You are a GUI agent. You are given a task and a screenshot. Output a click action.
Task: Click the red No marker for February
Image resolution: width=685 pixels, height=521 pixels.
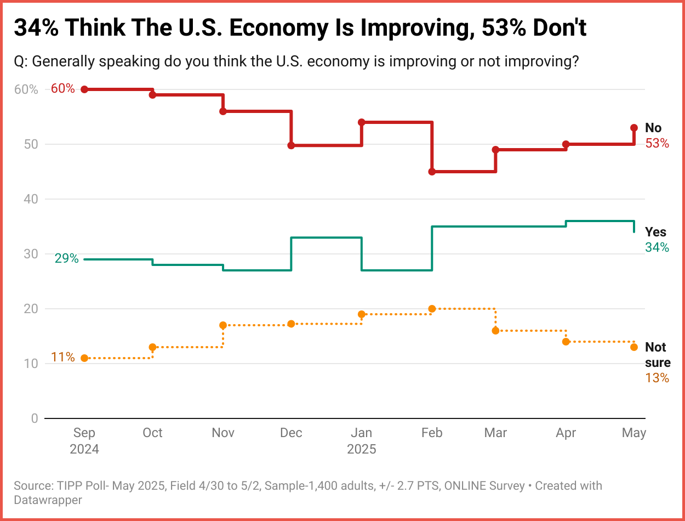click(x=432, y=172)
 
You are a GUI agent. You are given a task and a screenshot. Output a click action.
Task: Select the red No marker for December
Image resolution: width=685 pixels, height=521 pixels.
click(x=291, y=145)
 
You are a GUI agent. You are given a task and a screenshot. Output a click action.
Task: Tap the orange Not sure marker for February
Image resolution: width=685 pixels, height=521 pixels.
click(x=432, y=309)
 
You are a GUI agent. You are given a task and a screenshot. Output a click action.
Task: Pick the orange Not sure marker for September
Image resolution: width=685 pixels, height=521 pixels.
click(x=84, y=358)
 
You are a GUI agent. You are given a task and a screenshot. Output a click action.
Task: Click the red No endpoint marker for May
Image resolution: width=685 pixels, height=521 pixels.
click(x=634, y=128)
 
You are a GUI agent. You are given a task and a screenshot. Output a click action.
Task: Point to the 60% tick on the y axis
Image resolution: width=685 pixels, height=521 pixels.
click(x=26, y=89)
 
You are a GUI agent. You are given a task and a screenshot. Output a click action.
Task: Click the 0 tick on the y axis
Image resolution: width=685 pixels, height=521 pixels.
click(x=34, y=418)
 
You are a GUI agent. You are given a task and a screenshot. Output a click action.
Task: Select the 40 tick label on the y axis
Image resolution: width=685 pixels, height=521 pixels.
click(x=30, y=199)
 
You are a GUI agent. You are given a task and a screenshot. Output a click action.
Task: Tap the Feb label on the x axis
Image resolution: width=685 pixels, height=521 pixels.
click(x=432, y=433)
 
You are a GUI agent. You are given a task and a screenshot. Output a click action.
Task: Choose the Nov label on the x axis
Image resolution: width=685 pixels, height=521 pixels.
click(x=223, y=433)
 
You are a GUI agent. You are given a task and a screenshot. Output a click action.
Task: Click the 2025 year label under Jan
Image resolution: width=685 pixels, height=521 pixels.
click(x=362, y=449)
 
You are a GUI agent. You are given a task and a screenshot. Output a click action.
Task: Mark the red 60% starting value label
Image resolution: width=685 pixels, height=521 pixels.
click(x=62, y=88)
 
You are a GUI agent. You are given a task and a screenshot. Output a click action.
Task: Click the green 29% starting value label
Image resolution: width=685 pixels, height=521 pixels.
click(x=66, y=258)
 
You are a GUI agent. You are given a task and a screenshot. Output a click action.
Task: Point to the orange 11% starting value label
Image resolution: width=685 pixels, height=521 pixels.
click(x=63, y=357)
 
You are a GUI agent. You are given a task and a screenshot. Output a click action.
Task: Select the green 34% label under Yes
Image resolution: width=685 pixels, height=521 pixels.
click(x=657, y=247)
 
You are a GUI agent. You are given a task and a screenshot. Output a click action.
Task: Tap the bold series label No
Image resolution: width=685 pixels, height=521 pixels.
click(x=653, y=128)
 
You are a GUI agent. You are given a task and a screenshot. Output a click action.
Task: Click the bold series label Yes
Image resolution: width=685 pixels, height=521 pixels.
click(x=655, y=231)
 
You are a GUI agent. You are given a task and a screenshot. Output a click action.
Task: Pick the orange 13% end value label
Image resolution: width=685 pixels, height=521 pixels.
click(x=657, y=378)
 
